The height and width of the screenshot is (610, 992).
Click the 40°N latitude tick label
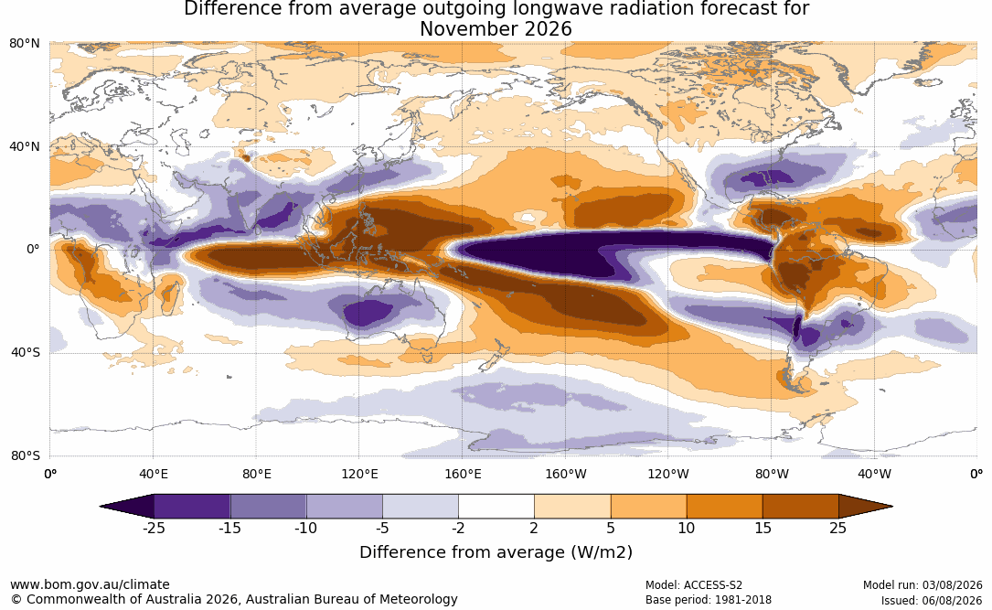(x=25, y=146)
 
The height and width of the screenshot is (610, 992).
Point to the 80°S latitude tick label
(x=25, y=455)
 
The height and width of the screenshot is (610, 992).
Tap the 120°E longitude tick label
(x=359, y=474)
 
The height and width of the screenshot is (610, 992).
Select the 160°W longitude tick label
(x=566, y=474)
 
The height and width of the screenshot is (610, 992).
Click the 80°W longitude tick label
(x=772, y=474)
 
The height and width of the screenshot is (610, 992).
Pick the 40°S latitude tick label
(x=25, y=352)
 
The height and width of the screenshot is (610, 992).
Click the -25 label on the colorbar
(x=154, y=528)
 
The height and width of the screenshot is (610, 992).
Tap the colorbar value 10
(x=687, y=528)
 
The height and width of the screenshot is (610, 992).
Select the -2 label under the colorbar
(x=458, y=528)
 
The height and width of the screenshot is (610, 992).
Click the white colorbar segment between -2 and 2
(x=496, y=507)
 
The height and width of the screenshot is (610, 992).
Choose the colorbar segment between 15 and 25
(x=801, y=507)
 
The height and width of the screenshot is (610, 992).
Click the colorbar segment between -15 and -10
(x=268, y=507)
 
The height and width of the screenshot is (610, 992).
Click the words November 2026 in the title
(x=496, y=29)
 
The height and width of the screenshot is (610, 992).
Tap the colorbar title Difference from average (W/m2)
(x=496, y=552)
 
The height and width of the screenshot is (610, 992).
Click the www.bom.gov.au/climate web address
(x=90, y=584)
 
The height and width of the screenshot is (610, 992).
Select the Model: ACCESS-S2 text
(x=694, y=585)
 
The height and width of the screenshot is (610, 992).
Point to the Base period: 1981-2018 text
(x=709, y=600)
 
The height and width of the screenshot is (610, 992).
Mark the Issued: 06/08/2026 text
(x=932, y=600)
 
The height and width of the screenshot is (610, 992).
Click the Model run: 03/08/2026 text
(x=923, y=585)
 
